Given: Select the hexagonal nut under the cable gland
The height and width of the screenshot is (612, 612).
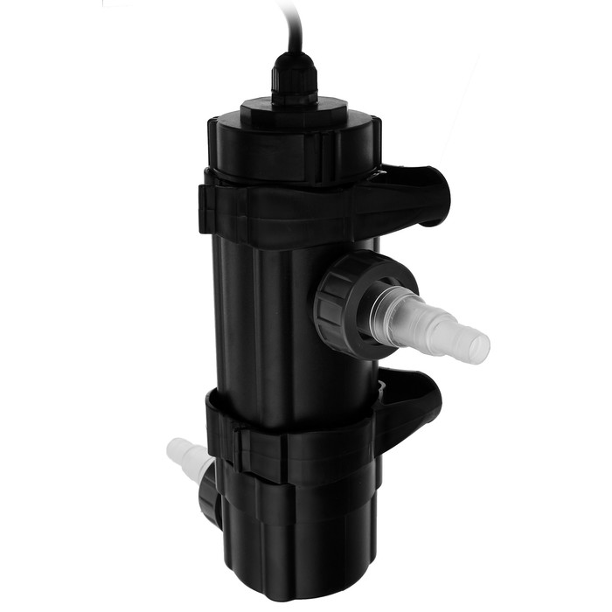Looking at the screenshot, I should pos(293,95).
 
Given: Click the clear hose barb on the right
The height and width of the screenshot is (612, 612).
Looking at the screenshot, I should pos(437,323).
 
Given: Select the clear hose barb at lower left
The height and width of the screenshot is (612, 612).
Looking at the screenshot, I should pos(185,455).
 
